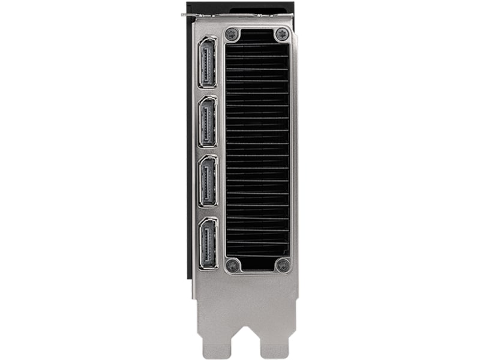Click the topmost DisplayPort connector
click(208, 62)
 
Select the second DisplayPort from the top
click(208, 122)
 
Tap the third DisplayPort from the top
click(208, 181)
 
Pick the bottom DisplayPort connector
click(208, 243)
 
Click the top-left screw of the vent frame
click(233, 35)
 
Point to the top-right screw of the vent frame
click(281, 35)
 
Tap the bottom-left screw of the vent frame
click(233, 265)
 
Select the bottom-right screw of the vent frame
click(281, 265)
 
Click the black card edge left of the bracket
click(190, 150)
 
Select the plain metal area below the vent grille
click(246, 294)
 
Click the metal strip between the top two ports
click(208, 92)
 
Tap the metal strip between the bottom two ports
click(208, 212)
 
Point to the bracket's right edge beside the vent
click(295, 150)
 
